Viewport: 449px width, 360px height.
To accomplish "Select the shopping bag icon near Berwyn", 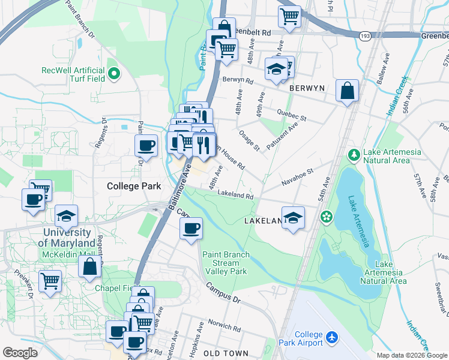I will [x=347, y=91].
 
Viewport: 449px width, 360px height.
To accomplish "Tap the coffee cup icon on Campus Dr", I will [x=191, y=228].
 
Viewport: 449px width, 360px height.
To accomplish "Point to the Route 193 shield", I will [x=365, y=37].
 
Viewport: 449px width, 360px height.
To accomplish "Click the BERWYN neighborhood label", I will [x=307, y=88].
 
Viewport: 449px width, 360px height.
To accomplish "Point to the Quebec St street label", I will [x=292, y=115].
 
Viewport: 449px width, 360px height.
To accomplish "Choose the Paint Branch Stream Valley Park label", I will [x=225, y=263].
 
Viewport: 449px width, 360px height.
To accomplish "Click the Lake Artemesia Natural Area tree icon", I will [x=354, y=155].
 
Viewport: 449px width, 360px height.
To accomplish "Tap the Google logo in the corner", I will [x=20, y=353].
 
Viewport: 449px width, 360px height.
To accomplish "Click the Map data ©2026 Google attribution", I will [x=412, y=355].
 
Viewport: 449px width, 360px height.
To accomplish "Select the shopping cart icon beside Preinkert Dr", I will [x=50, y=280].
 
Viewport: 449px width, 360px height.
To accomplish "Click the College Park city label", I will [x=134, y=186].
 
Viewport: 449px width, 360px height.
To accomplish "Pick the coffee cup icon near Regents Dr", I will [x=146, y=145].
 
